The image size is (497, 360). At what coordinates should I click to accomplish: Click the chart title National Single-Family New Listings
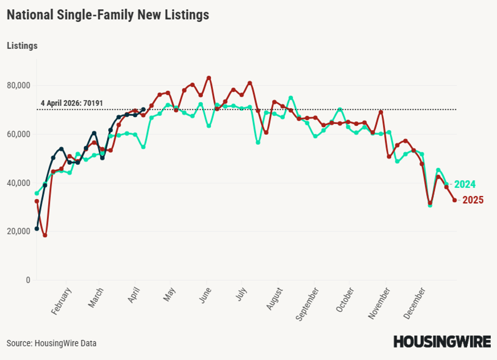click(108, 15)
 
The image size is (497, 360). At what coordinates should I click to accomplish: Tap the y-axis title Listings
click(22, 46)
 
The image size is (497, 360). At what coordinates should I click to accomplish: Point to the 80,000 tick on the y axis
click(19, 86)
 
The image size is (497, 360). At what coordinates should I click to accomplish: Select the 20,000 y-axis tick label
click(19, 232)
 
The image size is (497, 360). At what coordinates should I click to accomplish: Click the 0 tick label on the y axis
click(28, 280)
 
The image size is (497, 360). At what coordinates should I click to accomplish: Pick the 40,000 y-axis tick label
click(19, 183)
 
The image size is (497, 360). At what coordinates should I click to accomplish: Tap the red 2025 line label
click(473, 200)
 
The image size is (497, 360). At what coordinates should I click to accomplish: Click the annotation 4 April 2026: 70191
click(72, 103)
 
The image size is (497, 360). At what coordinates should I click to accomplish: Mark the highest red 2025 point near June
click(209, 78)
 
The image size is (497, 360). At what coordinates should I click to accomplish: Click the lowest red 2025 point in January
click(45, 235)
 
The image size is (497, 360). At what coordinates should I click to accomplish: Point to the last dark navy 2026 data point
click(143, 109)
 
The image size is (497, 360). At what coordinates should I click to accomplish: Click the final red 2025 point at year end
click(454, 200)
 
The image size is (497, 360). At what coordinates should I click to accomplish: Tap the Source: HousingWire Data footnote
click(51, 343)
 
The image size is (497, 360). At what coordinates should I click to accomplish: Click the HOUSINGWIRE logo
click(442, 342)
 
